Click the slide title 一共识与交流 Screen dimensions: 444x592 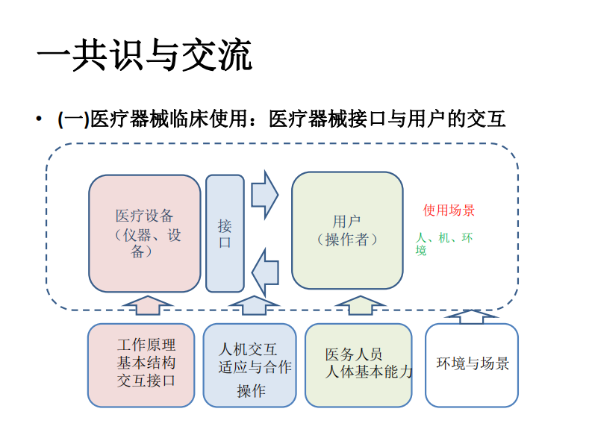coord(145,57)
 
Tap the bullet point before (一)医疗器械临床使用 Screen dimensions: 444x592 coord(39,119)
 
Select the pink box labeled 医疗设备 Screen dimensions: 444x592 coord(144,233)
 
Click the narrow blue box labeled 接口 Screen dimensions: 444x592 coord(225,233)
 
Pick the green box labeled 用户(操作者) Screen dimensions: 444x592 coord(347,231)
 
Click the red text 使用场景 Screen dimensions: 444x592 coord(449,210)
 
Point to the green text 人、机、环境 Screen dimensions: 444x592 coord(444,244)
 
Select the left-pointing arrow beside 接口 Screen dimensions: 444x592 coord(264,272)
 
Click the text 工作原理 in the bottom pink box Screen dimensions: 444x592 coord(146,345)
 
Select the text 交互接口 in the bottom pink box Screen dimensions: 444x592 coord(146,381)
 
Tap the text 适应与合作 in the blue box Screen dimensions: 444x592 coord(255,367)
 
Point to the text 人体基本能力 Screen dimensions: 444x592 coord(369,372)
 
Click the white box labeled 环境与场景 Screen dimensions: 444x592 coord(472,364)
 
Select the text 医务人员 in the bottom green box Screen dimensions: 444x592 coord(353,354)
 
